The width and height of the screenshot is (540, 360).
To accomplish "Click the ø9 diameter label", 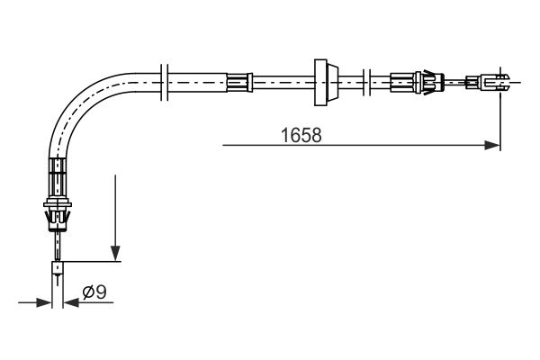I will pyautogui.click(x=94, y=292).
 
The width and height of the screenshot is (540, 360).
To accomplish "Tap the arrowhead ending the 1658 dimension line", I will pyautogui.click(x=492, y=144).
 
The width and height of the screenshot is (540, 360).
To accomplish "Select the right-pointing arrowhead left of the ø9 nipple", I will pyautogui.click(x=44, y=302).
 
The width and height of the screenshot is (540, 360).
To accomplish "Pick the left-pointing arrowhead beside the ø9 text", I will pyautogui.click(x=70, y=302).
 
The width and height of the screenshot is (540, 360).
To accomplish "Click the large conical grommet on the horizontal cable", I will pyautogui.click(x=322, y=82).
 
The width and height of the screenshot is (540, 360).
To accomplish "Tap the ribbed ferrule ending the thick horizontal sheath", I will pyautogui.click(x=239, y=82).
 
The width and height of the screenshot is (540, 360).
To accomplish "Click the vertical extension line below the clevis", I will pyautogui.click(x=499, y=117).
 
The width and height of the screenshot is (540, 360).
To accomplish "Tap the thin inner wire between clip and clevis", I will pyautogui.click(x=459, y=82).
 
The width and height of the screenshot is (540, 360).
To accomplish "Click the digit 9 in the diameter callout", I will pyautogui.click(x=102, y=292).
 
